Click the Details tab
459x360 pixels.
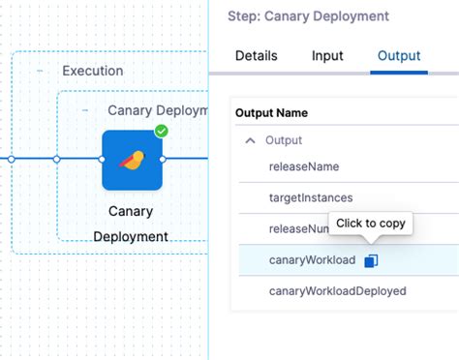point(256,56)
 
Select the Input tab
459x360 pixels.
point(327,56)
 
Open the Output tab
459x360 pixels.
point(398,56)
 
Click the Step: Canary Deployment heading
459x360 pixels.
point(308,16)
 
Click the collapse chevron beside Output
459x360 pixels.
point(251,140)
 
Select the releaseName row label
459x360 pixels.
point(303,166)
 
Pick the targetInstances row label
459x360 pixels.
point(310,197)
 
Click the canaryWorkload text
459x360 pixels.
point(311,260)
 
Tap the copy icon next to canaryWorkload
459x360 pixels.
point(372,260)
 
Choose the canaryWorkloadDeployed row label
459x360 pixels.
point(337,291)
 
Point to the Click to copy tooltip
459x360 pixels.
point(370,224)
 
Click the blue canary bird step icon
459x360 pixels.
point(132,160)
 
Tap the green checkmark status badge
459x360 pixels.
point(161,131)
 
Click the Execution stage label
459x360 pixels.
point(92,71)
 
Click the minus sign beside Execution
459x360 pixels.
point(40,71)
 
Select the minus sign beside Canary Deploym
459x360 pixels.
point(85,110)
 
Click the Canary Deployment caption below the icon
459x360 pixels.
point(131,223)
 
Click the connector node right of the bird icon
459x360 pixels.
point(164,159)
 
